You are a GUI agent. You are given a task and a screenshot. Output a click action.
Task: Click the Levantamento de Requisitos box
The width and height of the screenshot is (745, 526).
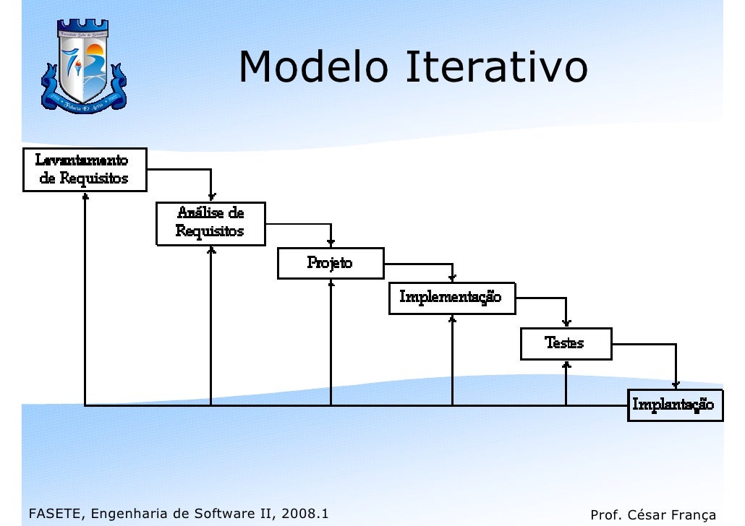click(84, 169)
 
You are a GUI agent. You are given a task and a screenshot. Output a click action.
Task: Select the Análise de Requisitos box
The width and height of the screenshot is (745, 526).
click(210, 223)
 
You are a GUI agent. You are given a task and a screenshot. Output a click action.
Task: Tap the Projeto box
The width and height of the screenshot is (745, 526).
click(330, 263)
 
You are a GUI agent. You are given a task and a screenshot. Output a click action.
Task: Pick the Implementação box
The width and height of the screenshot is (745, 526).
click(452, 298)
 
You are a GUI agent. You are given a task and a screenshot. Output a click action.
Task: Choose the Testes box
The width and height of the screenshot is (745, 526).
click(565, 343)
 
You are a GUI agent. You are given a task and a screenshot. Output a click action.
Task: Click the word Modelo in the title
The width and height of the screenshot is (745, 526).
click(312, 68)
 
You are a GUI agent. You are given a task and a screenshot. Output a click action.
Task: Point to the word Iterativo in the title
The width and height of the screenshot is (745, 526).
click(495, 68)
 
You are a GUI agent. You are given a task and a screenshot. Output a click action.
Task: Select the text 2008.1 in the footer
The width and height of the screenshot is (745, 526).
click(304, 514)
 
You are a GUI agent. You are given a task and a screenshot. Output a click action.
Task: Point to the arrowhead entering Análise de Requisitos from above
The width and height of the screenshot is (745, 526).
click(211, 197)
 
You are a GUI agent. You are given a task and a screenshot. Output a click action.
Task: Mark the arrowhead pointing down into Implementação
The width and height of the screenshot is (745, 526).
click(453, 278)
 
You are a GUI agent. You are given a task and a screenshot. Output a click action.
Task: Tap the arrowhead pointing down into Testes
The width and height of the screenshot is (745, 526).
click(566, 323)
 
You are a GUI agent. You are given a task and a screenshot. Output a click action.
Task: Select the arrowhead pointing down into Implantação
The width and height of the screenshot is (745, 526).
click(676, 384)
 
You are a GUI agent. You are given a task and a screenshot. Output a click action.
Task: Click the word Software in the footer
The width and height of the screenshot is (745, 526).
click(220, 514)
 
